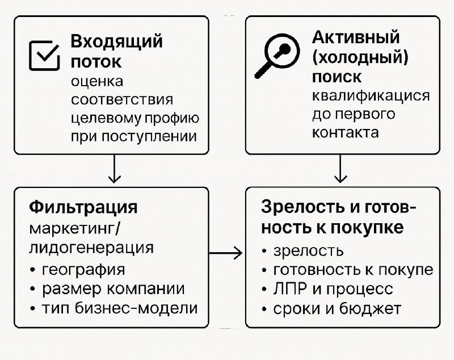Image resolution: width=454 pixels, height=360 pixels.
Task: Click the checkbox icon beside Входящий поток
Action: [44, 55]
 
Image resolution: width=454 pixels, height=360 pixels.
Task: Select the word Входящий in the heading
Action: [116, 41]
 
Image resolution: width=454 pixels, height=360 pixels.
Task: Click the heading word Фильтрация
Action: [83, 206]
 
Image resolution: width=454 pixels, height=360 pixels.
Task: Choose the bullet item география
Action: [83, 269]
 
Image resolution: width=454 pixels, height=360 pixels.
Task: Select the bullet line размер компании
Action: [113, 288]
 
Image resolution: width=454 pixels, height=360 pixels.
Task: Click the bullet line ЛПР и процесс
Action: [333, 288]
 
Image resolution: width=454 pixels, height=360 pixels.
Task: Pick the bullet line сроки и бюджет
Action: [337, 308]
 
